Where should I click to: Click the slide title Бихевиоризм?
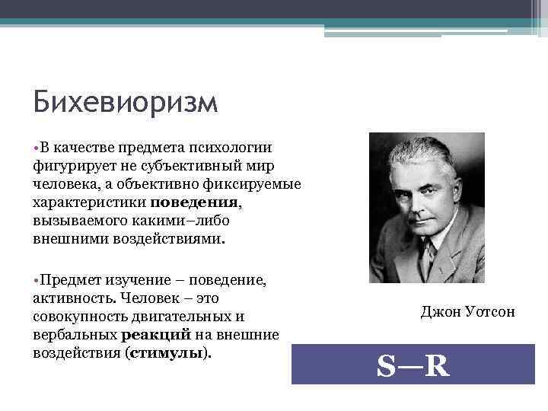point(126,103)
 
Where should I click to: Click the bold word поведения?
point(195,203)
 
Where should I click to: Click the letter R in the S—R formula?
point(436,367)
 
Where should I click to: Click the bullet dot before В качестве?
point(37,147)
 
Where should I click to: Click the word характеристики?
point(91,203)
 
